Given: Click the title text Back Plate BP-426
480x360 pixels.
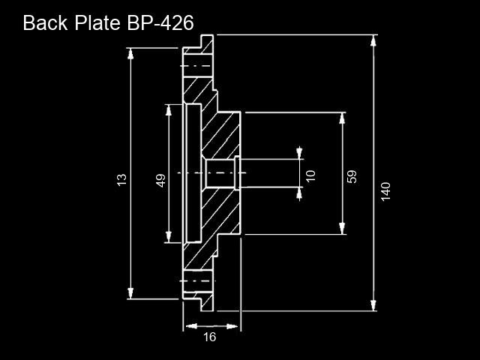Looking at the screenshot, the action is pyautogui.click(x=108, y=22).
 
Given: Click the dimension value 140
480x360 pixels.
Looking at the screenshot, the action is pyautogui.click(x=386, y=192).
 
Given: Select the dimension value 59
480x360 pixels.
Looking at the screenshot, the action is pyautogui.click(x=352, y=177).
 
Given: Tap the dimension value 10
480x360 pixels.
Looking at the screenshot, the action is pyautogui.click(x=310, y=175).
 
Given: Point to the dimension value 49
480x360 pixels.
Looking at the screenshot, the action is pyautogui.click(x=160, y=180).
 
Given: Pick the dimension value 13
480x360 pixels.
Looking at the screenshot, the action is pyautogui.click(x=121, y=180).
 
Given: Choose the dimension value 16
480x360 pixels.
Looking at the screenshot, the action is pyautogui.click(x=210, y=337).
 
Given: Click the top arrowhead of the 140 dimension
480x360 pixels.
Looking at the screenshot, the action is pyautogui.click(x=373, y=40).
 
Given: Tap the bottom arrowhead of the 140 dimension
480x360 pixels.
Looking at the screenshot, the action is pyautogui.click(x=373, y=305).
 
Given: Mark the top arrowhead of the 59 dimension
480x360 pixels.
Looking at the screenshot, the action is pyautogui.click(x=342, y=118).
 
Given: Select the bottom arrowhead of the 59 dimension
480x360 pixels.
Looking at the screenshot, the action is pyautogui.click(x=342, y=229).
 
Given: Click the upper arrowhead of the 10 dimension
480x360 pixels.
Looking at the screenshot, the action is pyautogui.click(x=299, y=154).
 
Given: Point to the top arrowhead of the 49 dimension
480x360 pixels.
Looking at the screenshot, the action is pyautogui.click(x=168, y=110).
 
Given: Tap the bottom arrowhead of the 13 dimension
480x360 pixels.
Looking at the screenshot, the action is pyautogui.click(x=130, y=293).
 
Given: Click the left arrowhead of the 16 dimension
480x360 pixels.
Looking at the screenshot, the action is pyautogui.click(x=191, y=326).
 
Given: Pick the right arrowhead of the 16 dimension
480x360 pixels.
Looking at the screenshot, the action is pyautogui.click(x=232, y=326).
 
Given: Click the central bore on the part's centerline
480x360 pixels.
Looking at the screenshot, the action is pyautogui.click(x=220, y=173).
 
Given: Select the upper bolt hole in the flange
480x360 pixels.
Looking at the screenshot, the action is pyautogui.click(x=198, y=66).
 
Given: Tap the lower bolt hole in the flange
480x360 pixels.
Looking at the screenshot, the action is pyautogui.click(x=198, y=281).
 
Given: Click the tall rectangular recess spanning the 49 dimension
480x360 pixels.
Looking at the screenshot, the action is pyautogui.click(x=193, y=173).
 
